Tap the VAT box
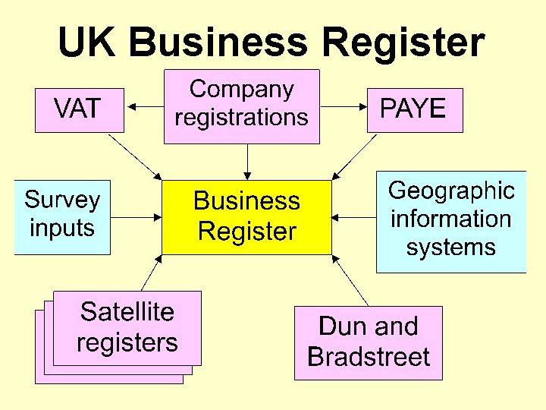pyautogui.click(x=78, y=110)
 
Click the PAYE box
pyautogui.click(x=414, y=110)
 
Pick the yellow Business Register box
pyautogui.click(x=247, y=216)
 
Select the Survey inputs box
pyautogui.click(x=62, y=216)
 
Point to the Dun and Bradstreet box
pyautogui.click(x=369, y=342)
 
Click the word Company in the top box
pyautogui.click(x=242, y=90)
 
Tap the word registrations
pyautogui.click(x=242, y=118)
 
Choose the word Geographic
pyautogui.click(x=451, y=191)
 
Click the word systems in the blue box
pyautogui.click(x=451, y=248)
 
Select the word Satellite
pyautogui.click(x=127, y=312)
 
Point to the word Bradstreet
pyautogui.click(x=369, y=357)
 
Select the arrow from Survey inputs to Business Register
pyautogui.click(x=136, y=217)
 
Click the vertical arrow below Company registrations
pyautogui.click(x=247, y=161)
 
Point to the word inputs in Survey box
pyautogui.click(x=62, y=228)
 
